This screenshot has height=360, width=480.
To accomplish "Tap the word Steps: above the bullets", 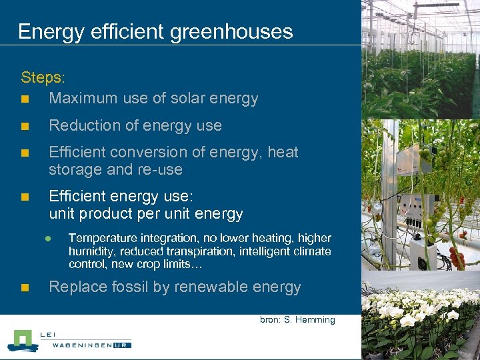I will click(41, 77).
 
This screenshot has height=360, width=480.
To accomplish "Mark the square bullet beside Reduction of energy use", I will click(25, 126).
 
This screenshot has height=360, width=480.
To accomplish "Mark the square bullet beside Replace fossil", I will click(25, 288).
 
